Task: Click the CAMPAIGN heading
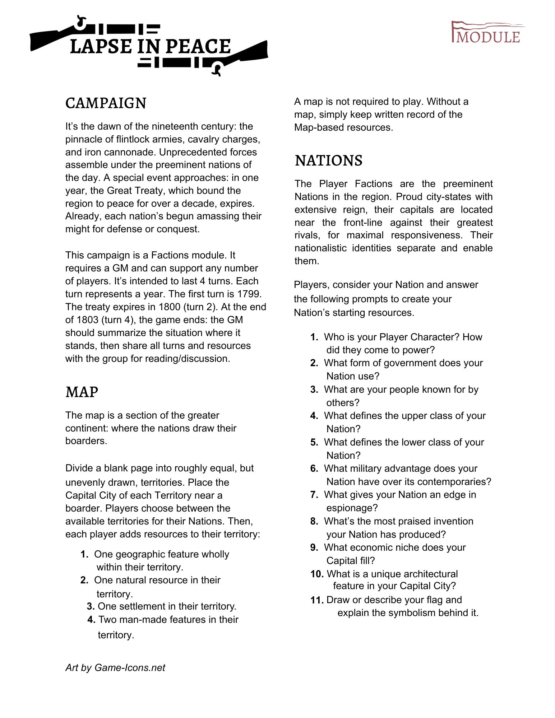point(106,103)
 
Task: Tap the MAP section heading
point(82,392)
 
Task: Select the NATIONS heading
point(328,161)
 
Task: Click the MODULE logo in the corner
point(487,33)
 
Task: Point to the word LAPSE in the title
point(101,47)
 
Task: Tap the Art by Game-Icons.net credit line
point(115,667)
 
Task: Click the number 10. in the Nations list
point(317,574)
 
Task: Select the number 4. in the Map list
point(91,620)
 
